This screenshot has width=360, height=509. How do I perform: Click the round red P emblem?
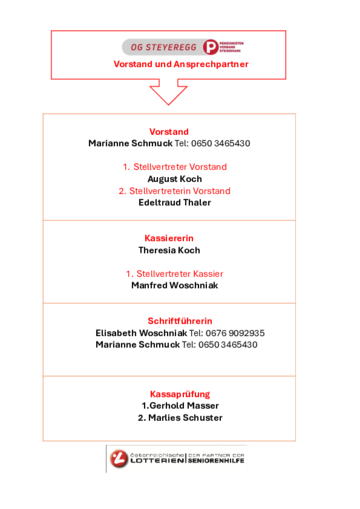click(x=210, y=47)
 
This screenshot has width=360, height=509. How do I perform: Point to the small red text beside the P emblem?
click(x=231, y=47)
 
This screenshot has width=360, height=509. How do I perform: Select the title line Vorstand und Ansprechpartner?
click(x=180, y=65)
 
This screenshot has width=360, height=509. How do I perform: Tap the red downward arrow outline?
click(x=168, y=94)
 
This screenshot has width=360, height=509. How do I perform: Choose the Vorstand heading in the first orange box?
click(x=169, y=132)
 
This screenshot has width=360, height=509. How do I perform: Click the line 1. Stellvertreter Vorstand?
click(x=174, y=167)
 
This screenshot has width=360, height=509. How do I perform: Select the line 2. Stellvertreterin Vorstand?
click(x=174, y=190)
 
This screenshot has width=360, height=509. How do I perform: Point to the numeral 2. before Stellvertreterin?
click(x=121, y=190)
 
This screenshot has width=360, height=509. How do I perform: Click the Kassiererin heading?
click(x=168, y=239)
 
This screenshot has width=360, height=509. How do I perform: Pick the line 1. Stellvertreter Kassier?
click(x=174, y=273)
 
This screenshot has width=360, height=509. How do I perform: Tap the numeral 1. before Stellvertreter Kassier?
click(x=129, y=273)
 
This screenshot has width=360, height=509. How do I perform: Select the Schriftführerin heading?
click(x=180, y=321)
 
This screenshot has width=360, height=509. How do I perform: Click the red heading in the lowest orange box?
click(x=180, y=394)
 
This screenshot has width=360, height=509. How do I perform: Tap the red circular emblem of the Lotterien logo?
click(x=119, y=460)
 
